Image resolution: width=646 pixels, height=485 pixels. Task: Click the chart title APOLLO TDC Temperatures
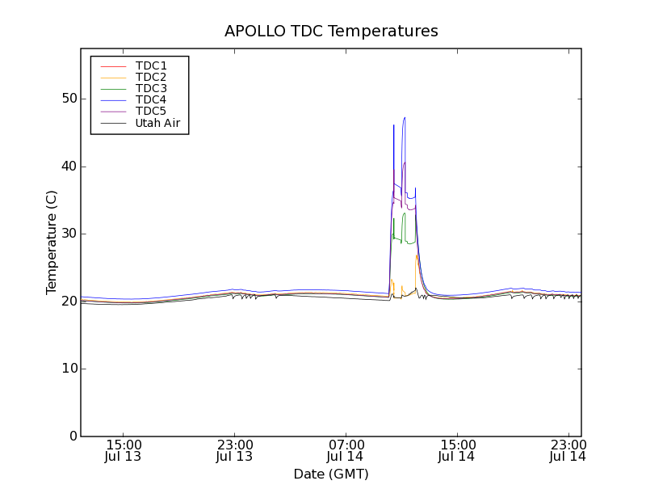331,32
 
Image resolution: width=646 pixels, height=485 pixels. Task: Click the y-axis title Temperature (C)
52,242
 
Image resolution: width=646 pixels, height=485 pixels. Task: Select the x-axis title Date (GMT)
331,474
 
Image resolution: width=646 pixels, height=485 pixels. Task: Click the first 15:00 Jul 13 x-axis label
124,450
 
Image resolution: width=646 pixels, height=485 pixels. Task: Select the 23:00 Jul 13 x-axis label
234,450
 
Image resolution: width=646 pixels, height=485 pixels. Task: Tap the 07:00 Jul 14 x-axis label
346,450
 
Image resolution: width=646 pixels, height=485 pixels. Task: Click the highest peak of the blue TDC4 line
405,118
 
